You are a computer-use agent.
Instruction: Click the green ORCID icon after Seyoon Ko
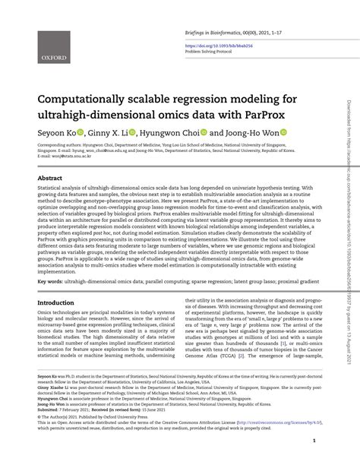pyautogui.click(x=83, y=132)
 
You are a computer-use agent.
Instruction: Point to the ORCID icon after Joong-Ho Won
pyautogui.click(x=283, y=132)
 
